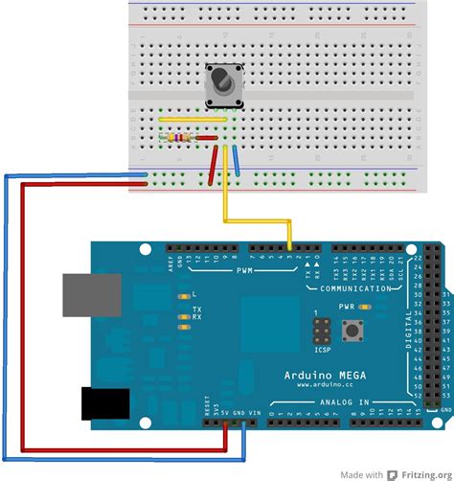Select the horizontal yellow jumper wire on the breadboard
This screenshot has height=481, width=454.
point(193,120)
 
